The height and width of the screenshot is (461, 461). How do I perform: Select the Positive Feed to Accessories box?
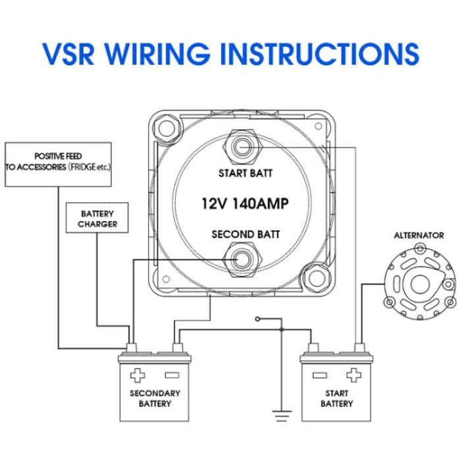pyautogui.click(x=58, y=162)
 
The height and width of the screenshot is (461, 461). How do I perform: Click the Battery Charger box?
pyautogui.click(x=97, y=219)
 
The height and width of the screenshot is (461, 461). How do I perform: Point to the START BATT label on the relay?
pyautogui.click(x=245, y=174)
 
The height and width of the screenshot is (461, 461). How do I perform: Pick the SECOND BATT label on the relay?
pyautogui.click(x=245, y=234)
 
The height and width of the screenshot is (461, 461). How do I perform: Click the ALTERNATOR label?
pyautogui.click(x=419, y=235)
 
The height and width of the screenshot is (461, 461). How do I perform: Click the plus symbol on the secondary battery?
pyautogui.click(x=137, y=375)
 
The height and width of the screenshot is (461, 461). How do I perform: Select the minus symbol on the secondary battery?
pyautogui.click(x=172, y=375)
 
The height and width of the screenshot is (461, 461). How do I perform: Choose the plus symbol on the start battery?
pyautogui.click(x=354, y=375)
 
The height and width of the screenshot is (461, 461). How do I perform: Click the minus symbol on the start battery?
pyautogui.click(x=319, y=375)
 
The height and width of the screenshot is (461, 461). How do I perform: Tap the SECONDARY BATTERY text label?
pyautogui.click(x=155, y=398)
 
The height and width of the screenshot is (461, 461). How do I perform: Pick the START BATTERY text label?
pyautogui.click(x=337, y=398)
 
